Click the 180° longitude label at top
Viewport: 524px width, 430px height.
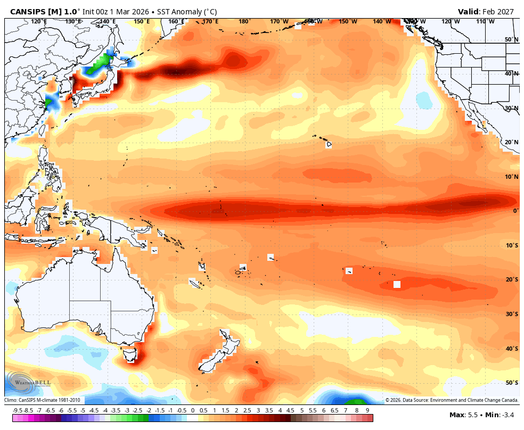pyautogui.click(x=244, y=21)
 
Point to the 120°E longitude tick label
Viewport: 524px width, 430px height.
pyautogui.click(x=39, y=21)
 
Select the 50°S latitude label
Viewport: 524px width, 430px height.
pyautogui.click(x=512, y=383)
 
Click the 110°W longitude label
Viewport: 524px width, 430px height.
pyautogui.click(x=485, y=21)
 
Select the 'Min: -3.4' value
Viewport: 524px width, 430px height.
pyautogui.click(x=502, y=415)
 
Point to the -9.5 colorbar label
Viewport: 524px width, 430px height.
pyautogui.click(x=17, y=410)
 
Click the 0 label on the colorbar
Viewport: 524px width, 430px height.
pyautogui.click(x=192, y=410)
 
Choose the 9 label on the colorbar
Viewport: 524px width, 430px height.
pyautogui.click(x=367, y=410)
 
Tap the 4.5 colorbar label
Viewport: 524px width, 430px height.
pyautogui.click(x=291, y=410)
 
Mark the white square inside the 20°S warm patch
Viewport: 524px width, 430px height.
pyautogui.click(x=397, y=284)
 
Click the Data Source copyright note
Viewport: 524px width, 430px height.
pyautogui.click(x=452, y=400)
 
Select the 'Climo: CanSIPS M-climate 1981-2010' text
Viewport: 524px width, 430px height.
pyautogui.click(x=43, y=400)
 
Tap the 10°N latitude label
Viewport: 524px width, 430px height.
pyautogui.click(x=512, y=177)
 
